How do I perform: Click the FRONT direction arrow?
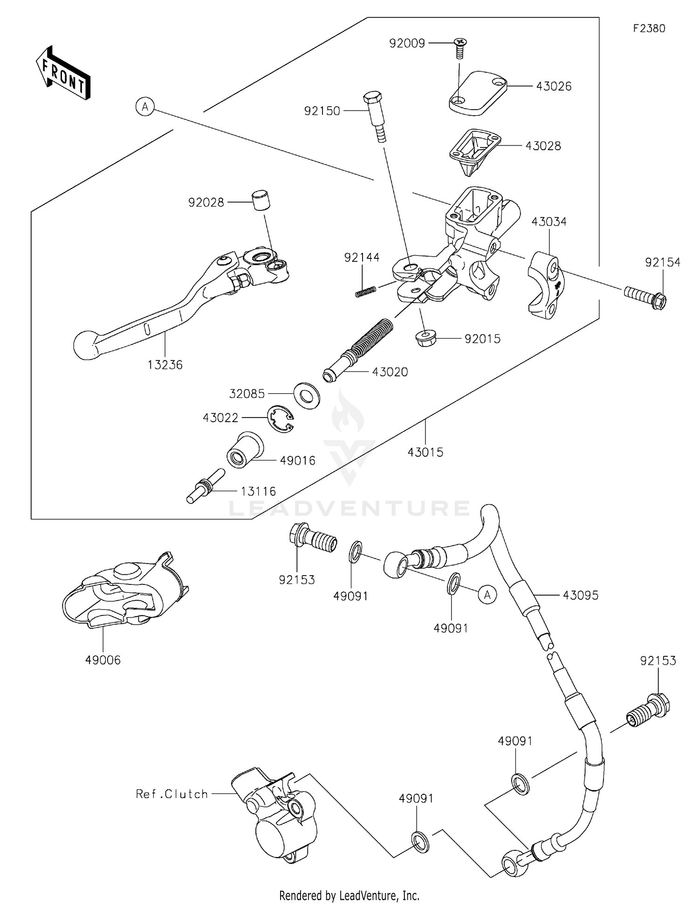63,74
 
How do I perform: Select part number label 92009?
407,43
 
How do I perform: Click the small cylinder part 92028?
261,201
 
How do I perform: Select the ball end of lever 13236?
87,345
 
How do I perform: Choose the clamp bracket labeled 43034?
546,285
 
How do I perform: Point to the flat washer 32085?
307,395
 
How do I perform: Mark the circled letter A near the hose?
487,595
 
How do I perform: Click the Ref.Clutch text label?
171,794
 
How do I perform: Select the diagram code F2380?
649,28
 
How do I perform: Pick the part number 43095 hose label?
580,595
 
